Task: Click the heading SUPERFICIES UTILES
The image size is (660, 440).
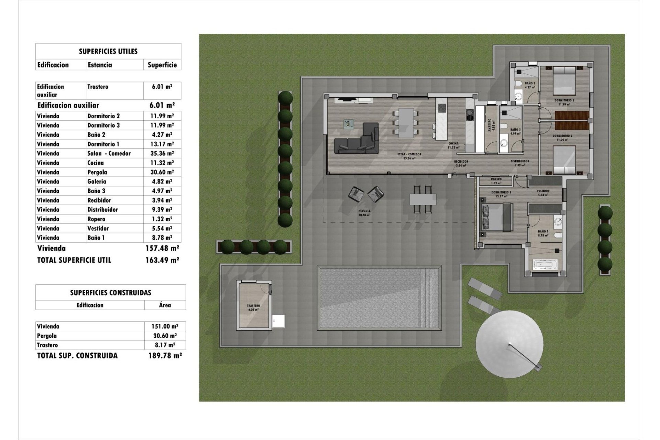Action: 108,52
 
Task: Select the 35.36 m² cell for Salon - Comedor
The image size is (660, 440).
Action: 162,153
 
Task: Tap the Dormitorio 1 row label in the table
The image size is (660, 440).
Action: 103,144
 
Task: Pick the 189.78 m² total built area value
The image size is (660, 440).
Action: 162,355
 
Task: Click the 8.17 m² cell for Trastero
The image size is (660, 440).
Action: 165,345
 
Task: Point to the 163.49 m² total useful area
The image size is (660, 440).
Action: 162,260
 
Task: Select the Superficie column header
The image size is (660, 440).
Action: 162,65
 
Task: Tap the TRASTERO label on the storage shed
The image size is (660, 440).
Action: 253,306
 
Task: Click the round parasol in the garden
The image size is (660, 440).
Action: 509,344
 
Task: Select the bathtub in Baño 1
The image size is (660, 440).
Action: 544,265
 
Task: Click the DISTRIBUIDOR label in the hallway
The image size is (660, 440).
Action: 519,161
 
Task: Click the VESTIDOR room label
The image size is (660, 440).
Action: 543,191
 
